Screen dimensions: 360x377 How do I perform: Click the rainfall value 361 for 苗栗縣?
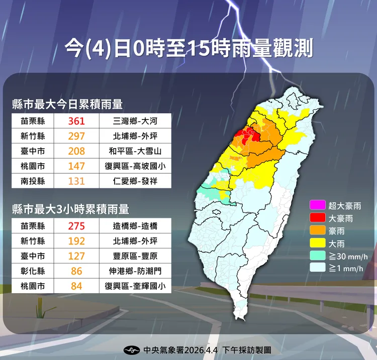click(77, 121)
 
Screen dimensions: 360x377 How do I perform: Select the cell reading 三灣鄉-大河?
click(135, 121)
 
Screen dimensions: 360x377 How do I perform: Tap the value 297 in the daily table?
click(77, 136)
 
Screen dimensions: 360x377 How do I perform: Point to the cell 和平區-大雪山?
click(135, 151)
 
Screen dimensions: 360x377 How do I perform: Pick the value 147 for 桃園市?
click(77, 166)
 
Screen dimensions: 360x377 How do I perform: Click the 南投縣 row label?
click(32, 181)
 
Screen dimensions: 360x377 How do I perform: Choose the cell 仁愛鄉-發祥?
click(135, 181)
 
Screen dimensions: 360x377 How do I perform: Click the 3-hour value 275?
click(77, 226)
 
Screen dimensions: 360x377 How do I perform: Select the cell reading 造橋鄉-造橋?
click(135, 226)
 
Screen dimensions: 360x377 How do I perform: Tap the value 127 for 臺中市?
click(77, 257)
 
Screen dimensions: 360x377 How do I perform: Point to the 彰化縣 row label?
click(32, 272)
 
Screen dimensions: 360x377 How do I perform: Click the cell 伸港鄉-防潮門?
click(135, 272)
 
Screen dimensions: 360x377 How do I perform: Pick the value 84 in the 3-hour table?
click(77, 287)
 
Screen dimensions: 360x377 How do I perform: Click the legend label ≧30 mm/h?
click(346, 257)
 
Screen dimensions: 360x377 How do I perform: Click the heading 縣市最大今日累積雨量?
click(67, 104)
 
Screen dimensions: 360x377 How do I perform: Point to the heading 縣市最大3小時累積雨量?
click(71, 209)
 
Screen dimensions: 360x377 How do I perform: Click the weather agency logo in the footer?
click(132, 349)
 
